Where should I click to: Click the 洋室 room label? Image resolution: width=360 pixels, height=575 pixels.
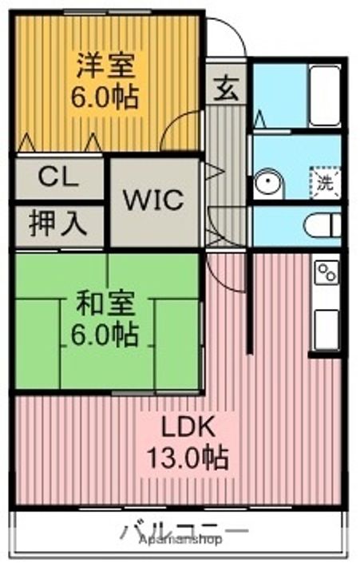106,63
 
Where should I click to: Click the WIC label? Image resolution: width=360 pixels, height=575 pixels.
152,198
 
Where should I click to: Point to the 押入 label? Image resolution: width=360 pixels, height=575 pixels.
58,223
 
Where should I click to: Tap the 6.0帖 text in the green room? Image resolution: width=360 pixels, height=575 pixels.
106,335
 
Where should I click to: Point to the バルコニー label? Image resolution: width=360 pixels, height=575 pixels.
184,529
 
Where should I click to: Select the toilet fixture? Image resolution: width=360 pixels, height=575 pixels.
322,224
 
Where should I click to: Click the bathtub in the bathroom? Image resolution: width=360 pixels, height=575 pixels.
324,97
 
